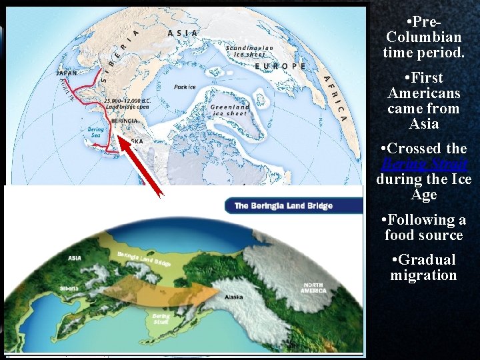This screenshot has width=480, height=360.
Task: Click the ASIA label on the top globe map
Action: tap(183, 33)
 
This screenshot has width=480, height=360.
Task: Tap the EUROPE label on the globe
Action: tap(281, 67)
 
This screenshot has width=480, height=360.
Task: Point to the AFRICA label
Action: tap(335, 97)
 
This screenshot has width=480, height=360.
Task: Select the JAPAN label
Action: tap(66, 73)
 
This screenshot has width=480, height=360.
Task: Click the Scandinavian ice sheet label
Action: tap(249, 51)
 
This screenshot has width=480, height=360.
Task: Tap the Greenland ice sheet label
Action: tap(230, 110)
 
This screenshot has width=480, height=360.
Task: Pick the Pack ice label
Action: tap(185, 87)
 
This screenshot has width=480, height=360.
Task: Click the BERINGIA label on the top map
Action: tap(125, 121)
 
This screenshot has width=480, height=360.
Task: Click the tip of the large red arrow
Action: tap(119, 137)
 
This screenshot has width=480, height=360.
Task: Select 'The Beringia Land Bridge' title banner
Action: tap(283, 206)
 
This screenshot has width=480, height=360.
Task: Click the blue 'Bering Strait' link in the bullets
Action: tap(423, 164)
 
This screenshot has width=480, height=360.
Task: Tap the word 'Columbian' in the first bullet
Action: tap(423, 36)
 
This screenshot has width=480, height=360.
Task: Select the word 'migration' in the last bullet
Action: tap(423, 275)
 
